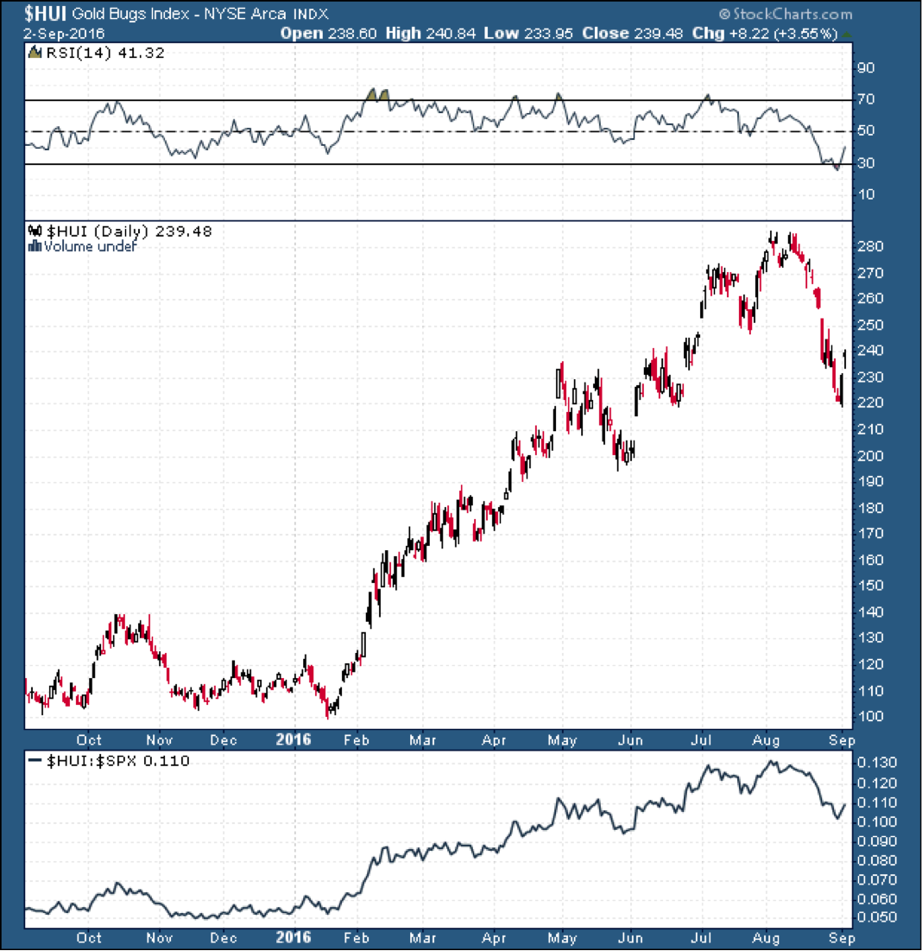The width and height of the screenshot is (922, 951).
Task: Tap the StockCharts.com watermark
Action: tap(785, 15)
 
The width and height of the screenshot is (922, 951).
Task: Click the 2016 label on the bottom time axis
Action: tap(294, 938)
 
